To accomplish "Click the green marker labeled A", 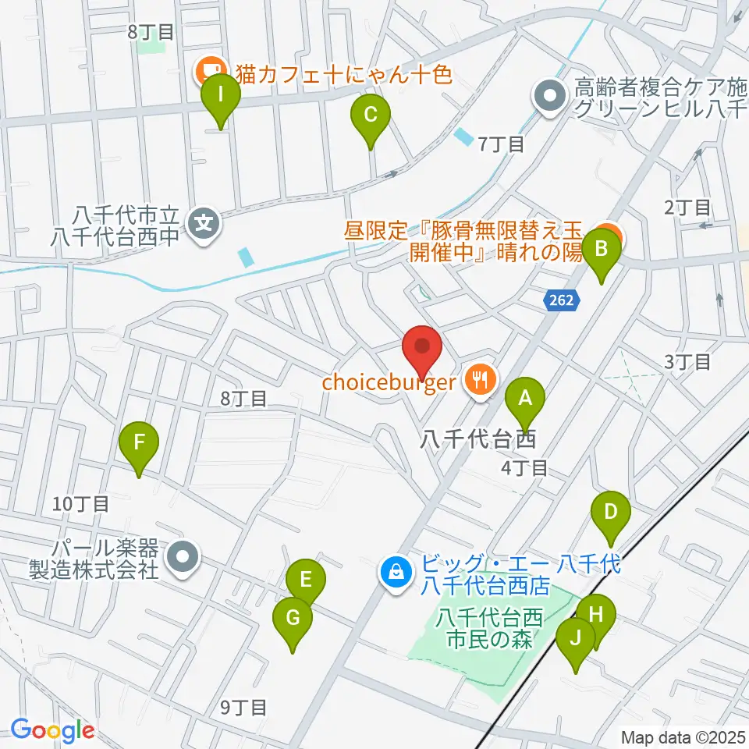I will coord(525,399).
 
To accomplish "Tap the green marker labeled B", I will coord(602,250).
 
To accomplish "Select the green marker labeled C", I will coord(371,116).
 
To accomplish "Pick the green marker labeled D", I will coord(611,513).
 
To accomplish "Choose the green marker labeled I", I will coord(221,97).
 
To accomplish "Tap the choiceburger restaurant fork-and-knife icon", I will coord(478,380).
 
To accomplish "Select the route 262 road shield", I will coord(559,299).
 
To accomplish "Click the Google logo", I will coord(53,730).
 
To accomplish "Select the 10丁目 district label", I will coord(81,504).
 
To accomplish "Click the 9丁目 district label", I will coord(243,708).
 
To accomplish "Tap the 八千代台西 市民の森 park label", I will coord(490,629).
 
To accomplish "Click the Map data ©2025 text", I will coord(683,737).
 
